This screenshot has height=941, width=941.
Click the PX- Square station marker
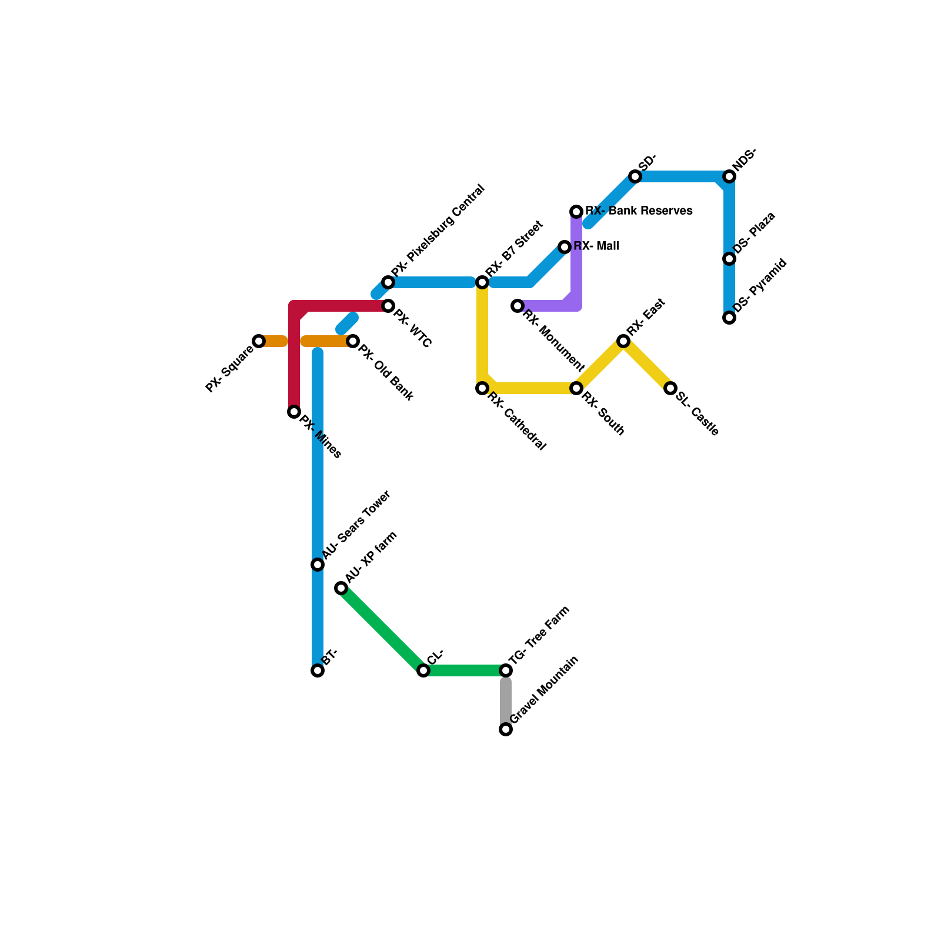tap(259, 341)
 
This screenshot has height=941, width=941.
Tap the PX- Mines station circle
tap(294, 412)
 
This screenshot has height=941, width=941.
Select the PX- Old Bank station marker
tap(353, 341)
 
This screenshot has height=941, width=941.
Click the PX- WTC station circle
tap(388, 306)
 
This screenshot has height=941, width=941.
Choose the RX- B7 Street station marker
tap(482, 282)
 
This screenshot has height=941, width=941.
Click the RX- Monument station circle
tap(518, 306)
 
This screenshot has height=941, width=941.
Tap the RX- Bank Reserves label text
tap(639, 211)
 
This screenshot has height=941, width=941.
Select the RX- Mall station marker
tap(565, 247)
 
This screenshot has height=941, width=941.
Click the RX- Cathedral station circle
tap(482, 388)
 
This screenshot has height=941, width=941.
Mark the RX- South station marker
tap(576, 388)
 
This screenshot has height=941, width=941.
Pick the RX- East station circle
tap(623, 341)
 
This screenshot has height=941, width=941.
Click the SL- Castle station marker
tap(670, 388)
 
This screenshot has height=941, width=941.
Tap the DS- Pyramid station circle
tap(729, 318)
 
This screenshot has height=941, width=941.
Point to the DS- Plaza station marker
tap(729, 259)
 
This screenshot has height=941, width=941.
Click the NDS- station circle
tap(729, 176)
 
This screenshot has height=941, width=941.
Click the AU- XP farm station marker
tap(341, 588)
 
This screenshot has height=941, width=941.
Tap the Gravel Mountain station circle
tap(506, 729)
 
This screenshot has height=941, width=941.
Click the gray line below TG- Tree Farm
tap(506, 700)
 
